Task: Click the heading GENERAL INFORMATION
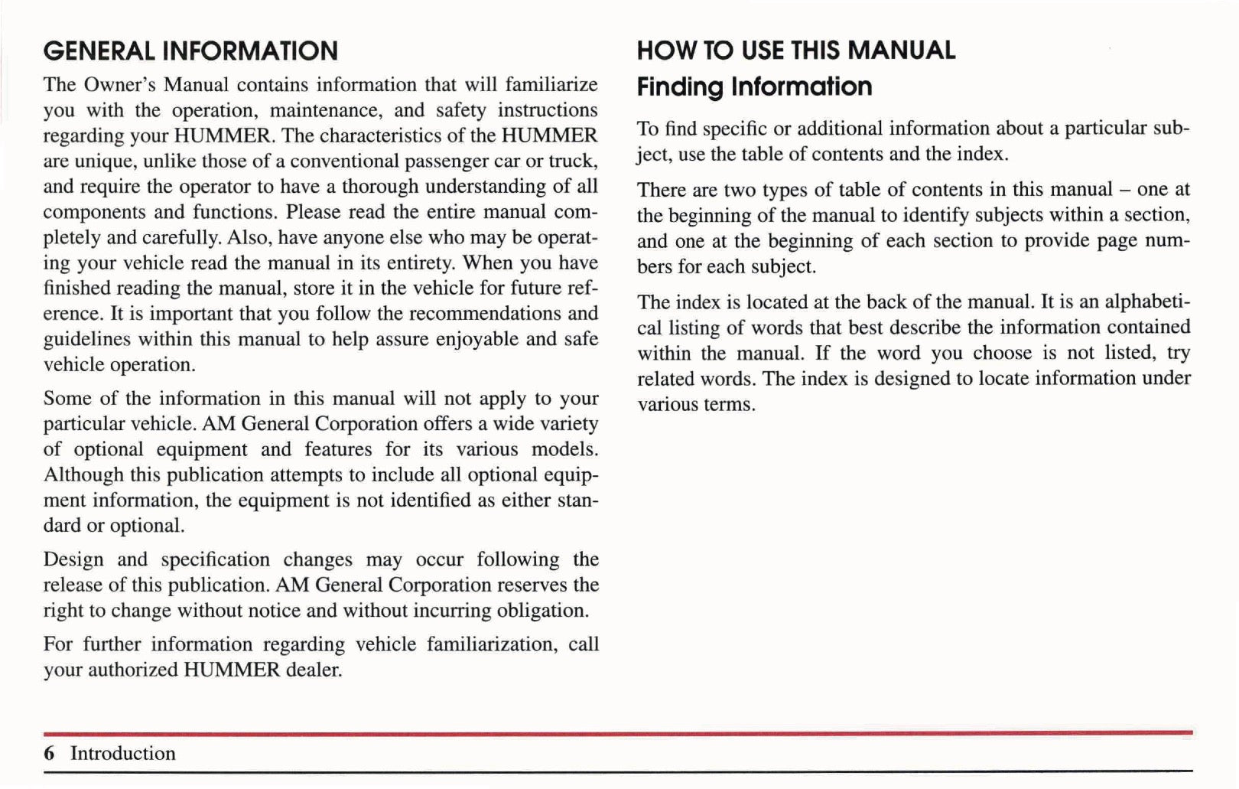pos(190,51)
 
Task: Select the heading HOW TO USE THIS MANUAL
pos(796,51)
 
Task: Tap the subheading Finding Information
pos(754,86)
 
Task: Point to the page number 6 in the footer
pos(50,754)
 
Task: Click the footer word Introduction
pos(123,754)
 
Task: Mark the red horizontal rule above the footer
pos(618,733)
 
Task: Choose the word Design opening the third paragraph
pos(73,560)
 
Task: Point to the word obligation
pos(543,611)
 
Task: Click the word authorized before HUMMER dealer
pos(133,670)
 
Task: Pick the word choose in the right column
pos(1003,354)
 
